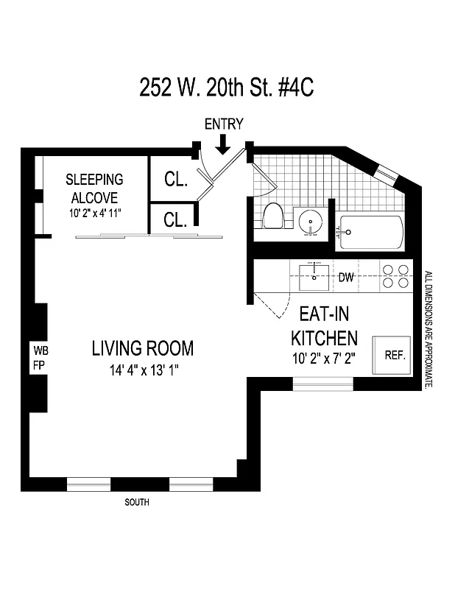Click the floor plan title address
click(227, 88)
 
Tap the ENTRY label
click(223, 124)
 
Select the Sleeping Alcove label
click(94, 188)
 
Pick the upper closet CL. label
click(175, 178)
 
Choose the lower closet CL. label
click(175, 219)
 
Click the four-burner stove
click(395, 275)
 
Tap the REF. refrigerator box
click(395, 355)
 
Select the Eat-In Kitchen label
click(324, 326)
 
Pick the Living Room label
click(142, 348)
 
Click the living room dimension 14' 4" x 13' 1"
click(142, 370)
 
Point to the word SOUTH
click(137, 503)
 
